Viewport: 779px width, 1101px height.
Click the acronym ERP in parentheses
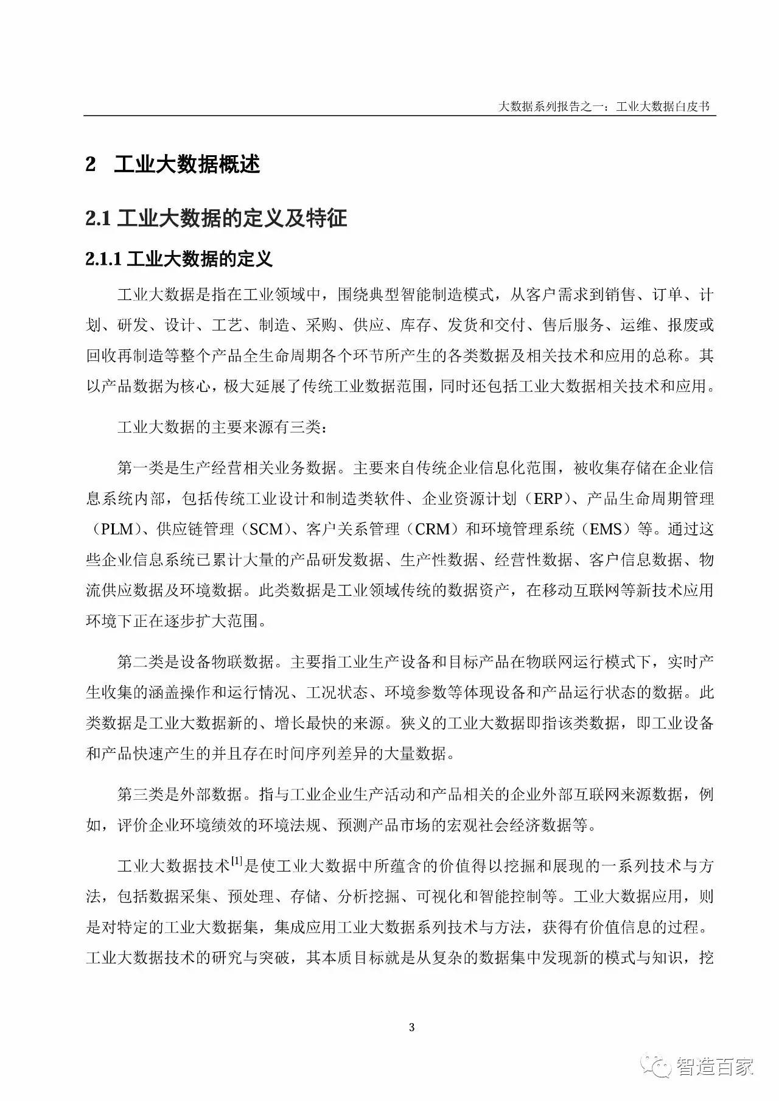[x=548, y=499]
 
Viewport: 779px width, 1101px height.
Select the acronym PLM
[x=117, y=530]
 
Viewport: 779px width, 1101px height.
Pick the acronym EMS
[x=606, y=530]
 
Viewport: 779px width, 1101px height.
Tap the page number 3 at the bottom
[x=412, y=1028]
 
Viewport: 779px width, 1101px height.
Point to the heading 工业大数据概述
[x=187, y=164]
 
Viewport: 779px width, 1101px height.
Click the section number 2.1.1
[x=105, y=259]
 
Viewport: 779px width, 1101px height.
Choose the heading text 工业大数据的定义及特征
[x=232, y=218]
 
